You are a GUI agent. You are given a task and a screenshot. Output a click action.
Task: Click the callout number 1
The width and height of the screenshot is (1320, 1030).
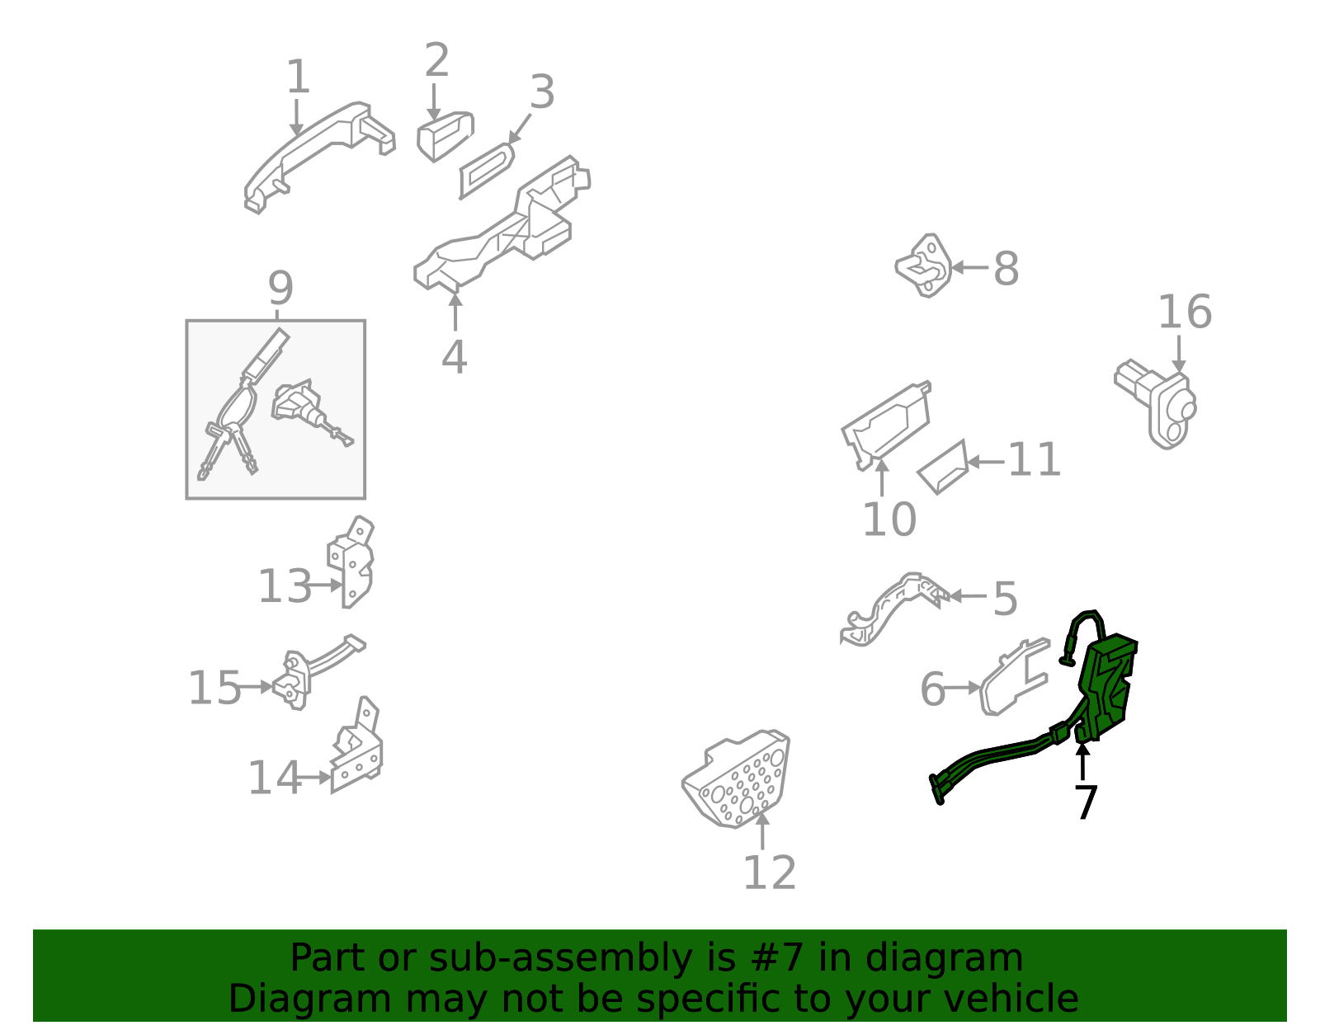click(x=298, y=76)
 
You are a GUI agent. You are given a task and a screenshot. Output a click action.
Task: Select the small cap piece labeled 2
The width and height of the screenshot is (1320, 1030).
click(x=445, y=136)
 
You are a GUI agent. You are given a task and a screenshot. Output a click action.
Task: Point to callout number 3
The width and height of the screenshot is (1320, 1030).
click(x=542, y=92)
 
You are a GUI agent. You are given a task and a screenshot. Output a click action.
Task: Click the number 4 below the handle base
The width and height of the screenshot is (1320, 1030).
click(x=455, y=357)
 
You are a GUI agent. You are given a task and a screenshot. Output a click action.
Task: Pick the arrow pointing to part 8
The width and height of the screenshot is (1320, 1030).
click(x=969, y=267)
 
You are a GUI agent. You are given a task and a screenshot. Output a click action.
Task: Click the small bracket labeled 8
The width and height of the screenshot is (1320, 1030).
click(x=923, y=266)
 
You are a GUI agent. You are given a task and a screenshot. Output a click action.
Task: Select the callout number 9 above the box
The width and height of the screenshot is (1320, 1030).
click(x=280, y=289)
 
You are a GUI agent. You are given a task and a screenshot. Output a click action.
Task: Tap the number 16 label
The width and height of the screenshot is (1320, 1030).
click(x=1185, y=313)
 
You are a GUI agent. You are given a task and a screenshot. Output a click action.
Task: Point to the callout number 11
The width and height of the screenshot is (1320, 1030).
click(x=1034, y=459)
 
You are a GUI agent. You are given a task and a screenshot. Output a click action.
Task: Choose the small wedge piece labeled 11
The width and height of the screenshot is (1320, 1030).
click(x=943, y=468)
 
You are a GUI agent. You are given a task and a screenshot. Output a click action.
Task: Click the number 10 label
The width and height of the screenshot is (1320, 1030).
click(x=889, y=520)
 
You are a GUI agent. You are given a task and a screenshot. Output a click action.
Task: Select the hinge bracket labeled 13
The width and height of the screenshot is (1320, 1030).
click(x=351, y=562)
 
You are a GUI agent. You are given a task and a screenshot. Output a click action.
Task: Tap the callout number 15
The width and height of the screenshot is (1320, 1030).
click(x=214, y=689)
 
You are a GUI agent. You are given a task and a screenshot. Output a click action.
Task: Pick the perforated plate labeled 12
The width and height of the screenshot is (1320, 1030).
click(x=736, y=779)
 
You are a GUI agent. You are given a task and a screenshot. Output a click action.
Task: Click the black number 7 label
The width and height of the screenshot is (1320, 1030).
click(x=1087, y=802)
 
